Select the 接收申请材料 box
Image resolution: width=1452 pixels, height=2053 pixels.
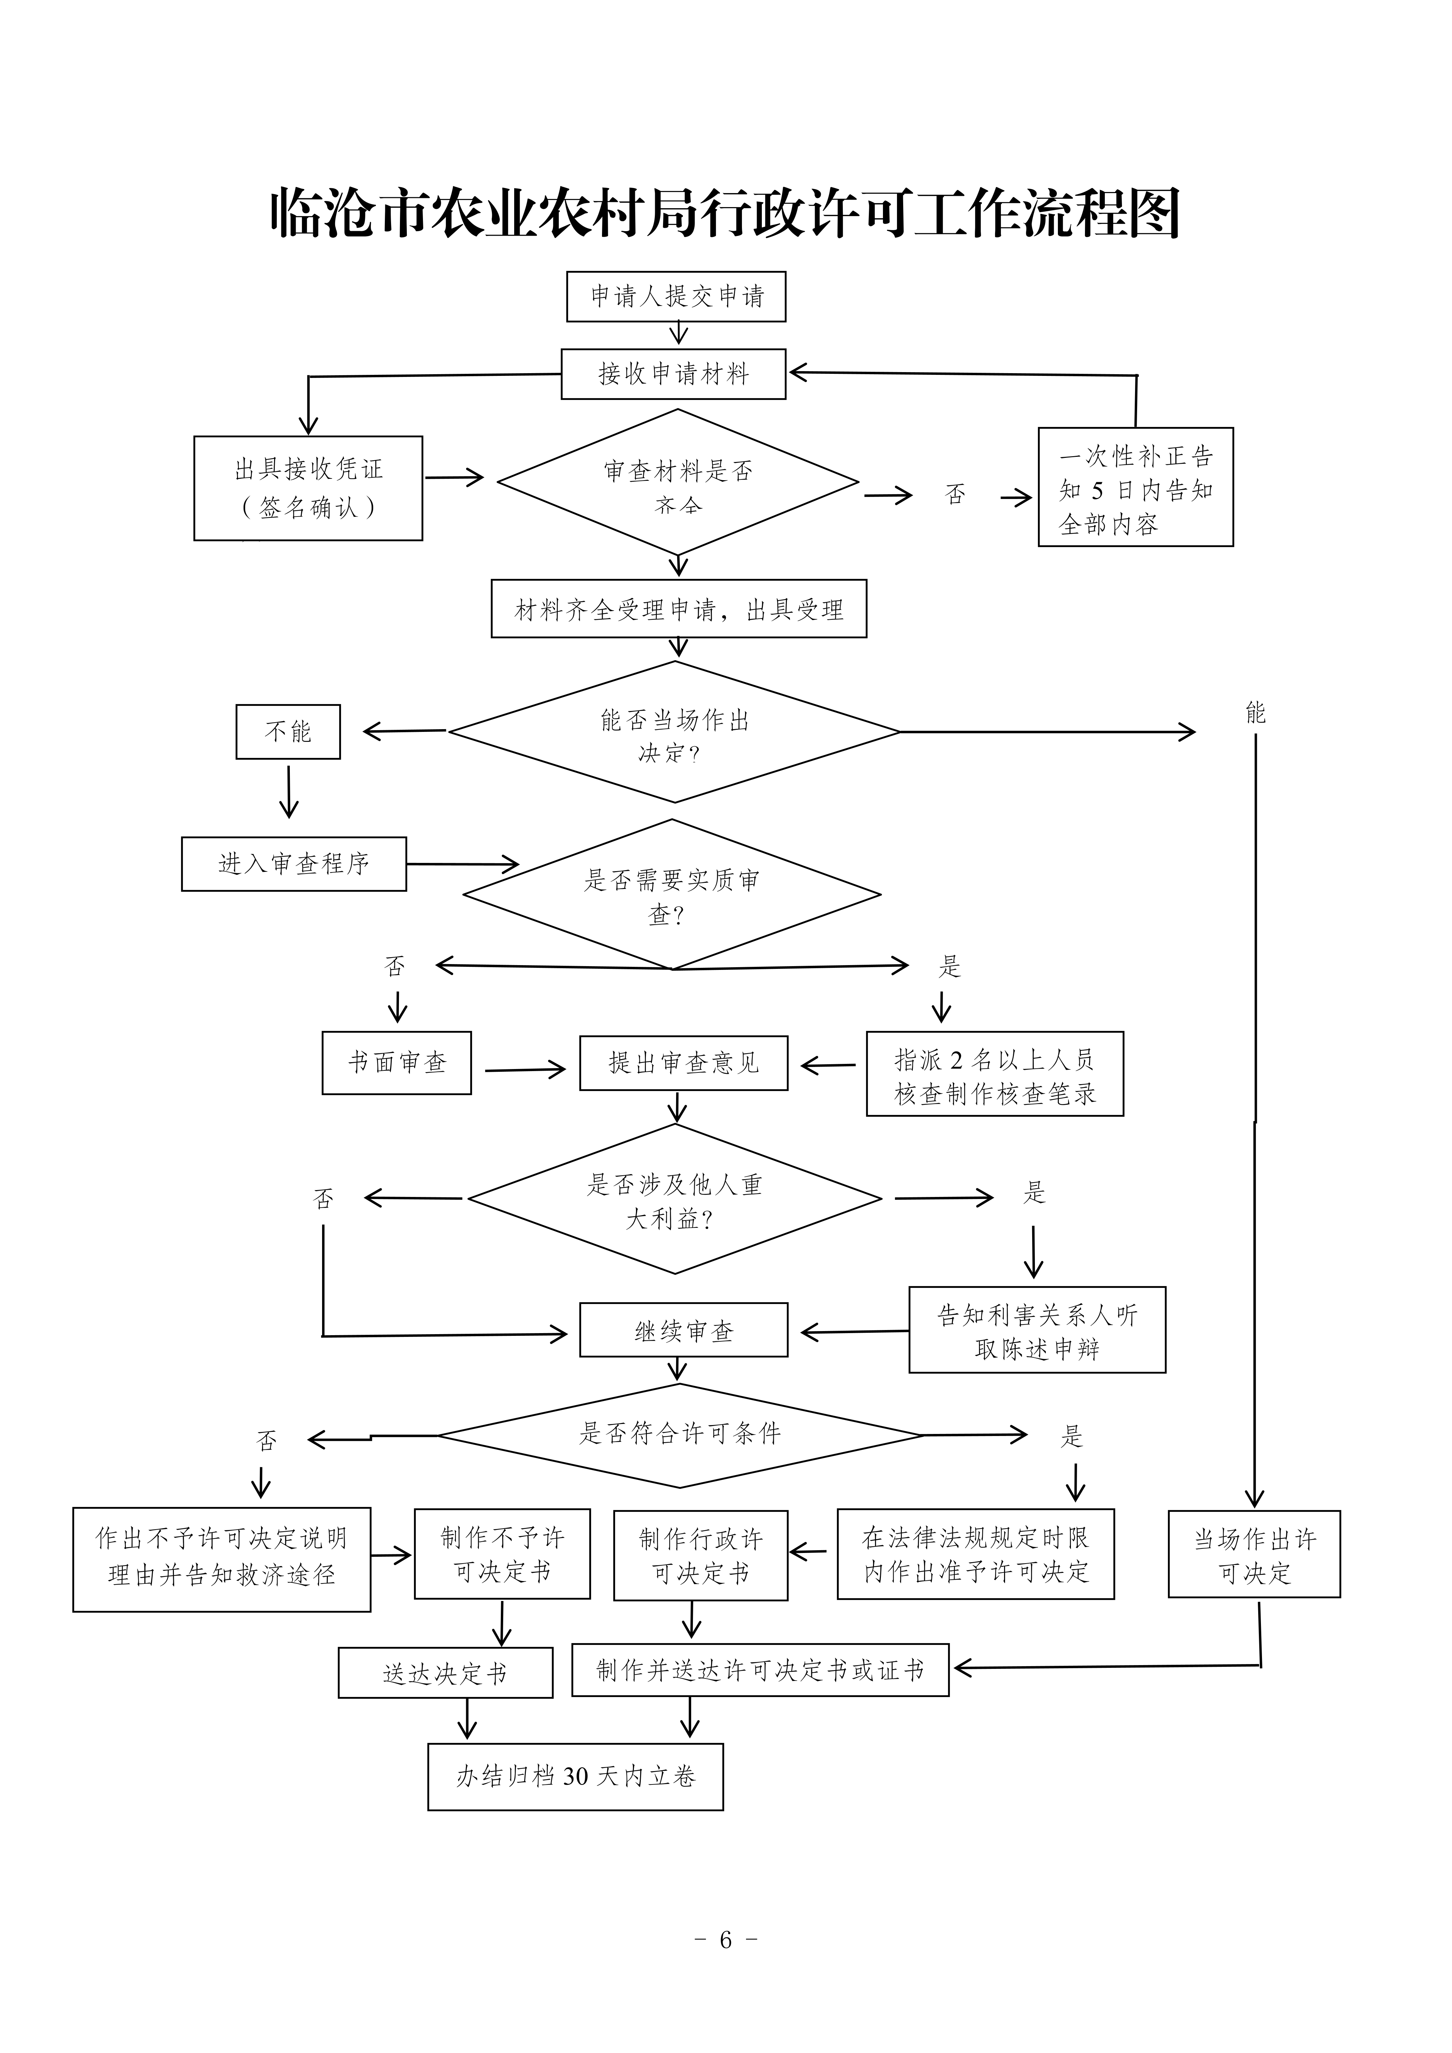coord(673,374)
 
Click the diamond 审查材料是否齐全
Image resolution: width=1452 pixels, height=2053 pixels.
coord(678,483)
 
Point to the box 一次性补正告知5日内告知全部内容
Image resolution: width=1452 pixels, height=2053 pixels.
coord(1135,487)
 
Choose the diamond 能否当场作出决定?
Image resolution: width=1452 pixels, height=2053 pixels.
coord(674,732)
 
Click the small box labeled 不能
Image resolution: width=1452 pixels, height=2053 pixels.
coord(288,732)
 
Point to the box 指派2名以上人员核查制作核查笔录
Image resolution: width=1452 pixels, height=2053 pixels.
coord(994,1074)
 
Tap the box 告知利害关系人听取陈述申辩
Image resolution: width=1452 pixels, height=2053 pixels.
coord(1037,1330)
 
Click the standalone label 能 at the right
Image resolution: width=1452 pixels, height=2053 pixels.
coord(1255,713)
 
